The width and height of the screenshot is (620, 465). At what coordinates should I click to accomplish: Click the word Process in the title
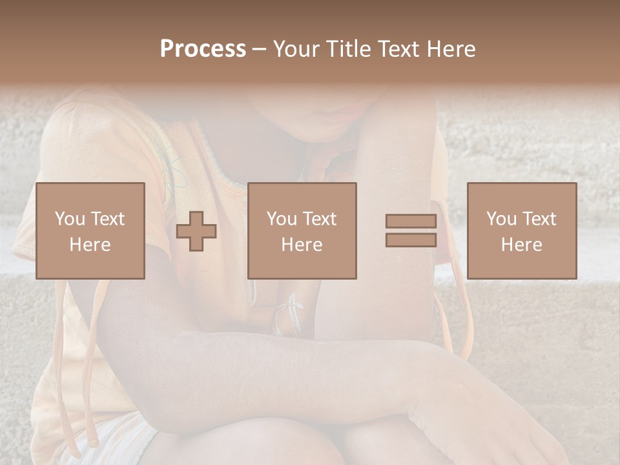pos(203,49)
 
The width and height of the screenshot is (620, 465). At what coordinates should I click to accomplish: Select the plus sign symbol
pos(196,231)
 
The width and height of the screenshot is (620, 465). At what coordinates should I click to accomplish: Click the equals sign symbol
pos(411,231)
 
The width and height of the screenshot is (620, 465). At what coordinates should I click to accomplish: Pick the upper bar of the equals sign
pos(411,221)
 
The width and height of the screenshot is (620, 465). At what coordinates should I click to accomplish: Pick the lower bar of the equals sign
pos(411,240)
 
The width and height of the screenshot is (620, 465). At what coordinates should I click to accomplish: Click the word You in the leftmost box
pos(70,219)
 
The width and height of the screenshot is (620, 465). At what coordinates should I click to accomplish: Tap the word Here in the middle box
pos(302,245)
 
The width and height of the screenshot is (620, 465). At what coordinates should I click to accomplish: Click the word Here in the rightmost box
pos(522,245)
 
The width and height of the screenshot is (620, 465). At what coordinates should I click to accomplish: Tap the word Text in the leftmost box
pos(107,219)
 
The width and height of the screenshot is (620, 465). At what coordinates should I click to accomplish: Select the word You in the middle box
pos(282,219)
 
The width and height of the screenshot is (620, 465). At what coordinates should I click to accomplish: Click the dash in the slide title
pos(260,49)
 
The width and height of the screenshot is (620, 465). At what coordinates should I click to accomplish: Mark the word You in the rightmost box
pos(501,219)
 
